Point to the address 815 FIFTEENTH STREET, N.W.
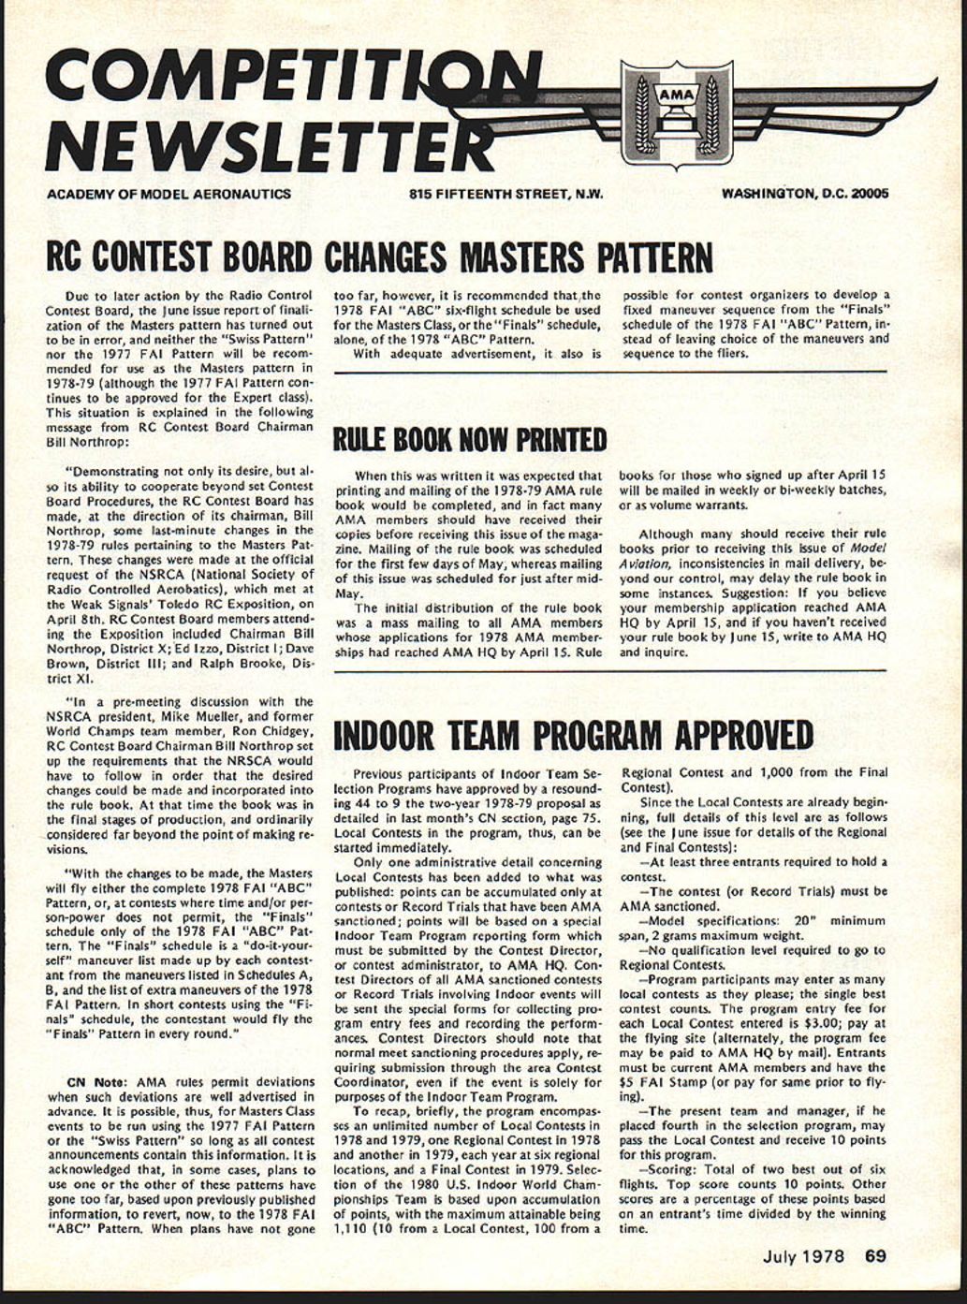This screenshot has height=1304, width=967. coord(505,194)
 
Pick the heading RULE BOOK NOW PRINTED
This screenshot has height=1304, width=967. coord(470,439)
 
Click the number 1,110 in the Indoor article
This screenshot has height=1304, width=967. coord(353,1229)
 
